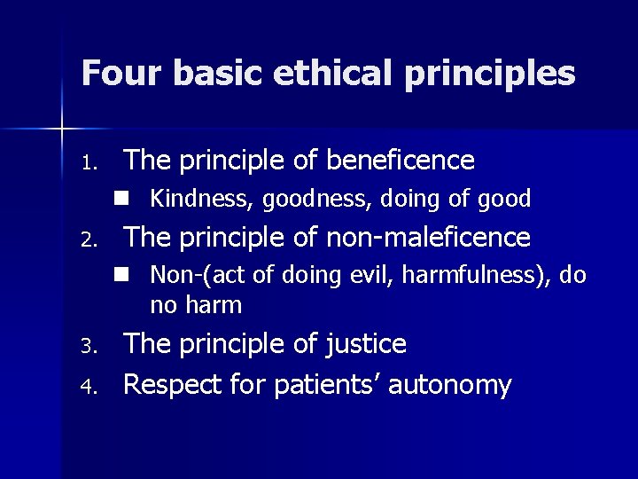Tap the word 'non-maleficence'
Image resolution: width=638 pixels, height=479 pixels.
430,237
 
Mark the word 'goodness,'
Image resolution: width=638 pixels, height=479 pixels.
299,200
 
